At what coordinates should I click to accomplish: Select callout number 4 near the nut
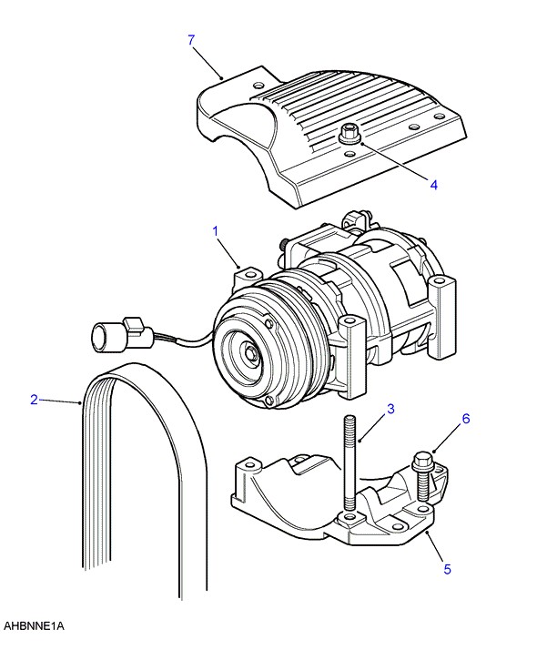[433, 184]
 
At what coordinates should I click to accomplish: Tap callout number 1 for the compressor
[217, 232]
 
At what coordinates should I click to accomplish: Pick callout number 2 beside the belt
[34, 399]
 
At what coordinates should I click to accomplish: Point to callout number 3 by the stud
[390, 409]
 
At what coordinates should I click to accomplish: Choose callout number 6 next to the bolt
[465, 419]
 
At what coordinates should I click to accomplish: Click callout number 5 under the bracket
[447, 570]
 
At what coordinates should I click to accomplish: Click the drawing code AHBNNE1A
[35, 626]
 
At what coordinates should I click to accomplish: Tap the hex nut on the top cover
[349, 135]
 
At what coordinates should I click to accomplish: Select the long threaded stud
[349, 464]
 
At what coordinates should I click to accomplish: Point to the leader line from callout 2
[60, 401]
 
